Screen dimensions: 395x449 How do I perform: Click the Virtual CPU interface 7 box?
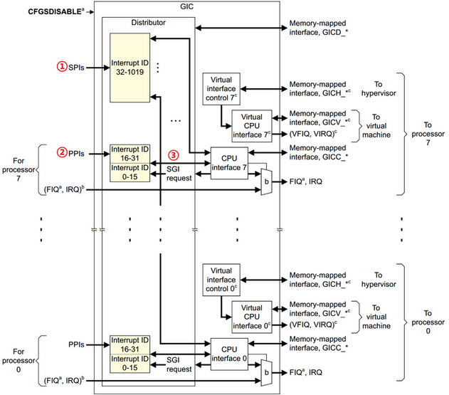251,123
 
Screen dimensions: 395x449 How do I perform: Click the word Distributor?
147,23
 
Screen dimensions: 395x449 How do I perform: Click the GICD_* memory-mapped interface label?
319,28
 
